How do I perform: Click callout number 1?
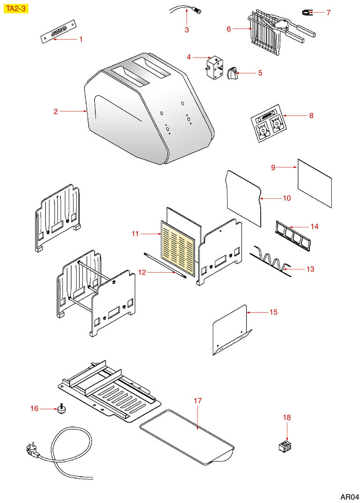[81, 40]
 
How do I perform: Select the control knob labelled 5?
[233, 74]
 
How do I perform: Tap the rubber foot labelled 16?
[60, 410]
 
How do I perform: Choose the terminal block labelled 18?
[284, 446]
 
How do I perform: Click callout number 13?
[310, 269]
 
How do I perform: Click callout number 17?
[198, 401]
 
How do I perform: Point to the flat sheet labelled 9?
[315, 184]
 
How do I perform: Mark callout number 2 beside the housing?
[56, 111]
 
